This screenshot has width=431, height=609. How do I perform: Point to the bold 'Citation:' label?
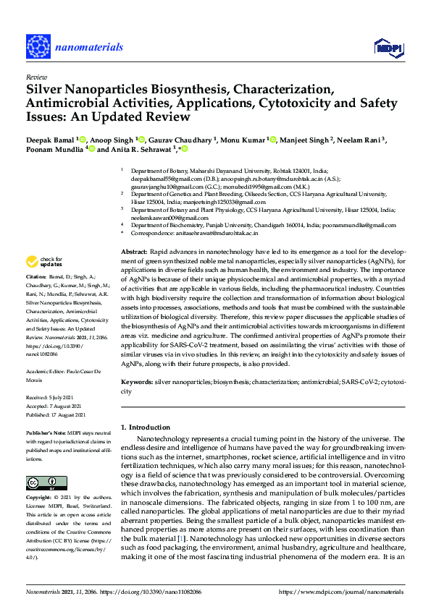[x=35, y=277]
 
